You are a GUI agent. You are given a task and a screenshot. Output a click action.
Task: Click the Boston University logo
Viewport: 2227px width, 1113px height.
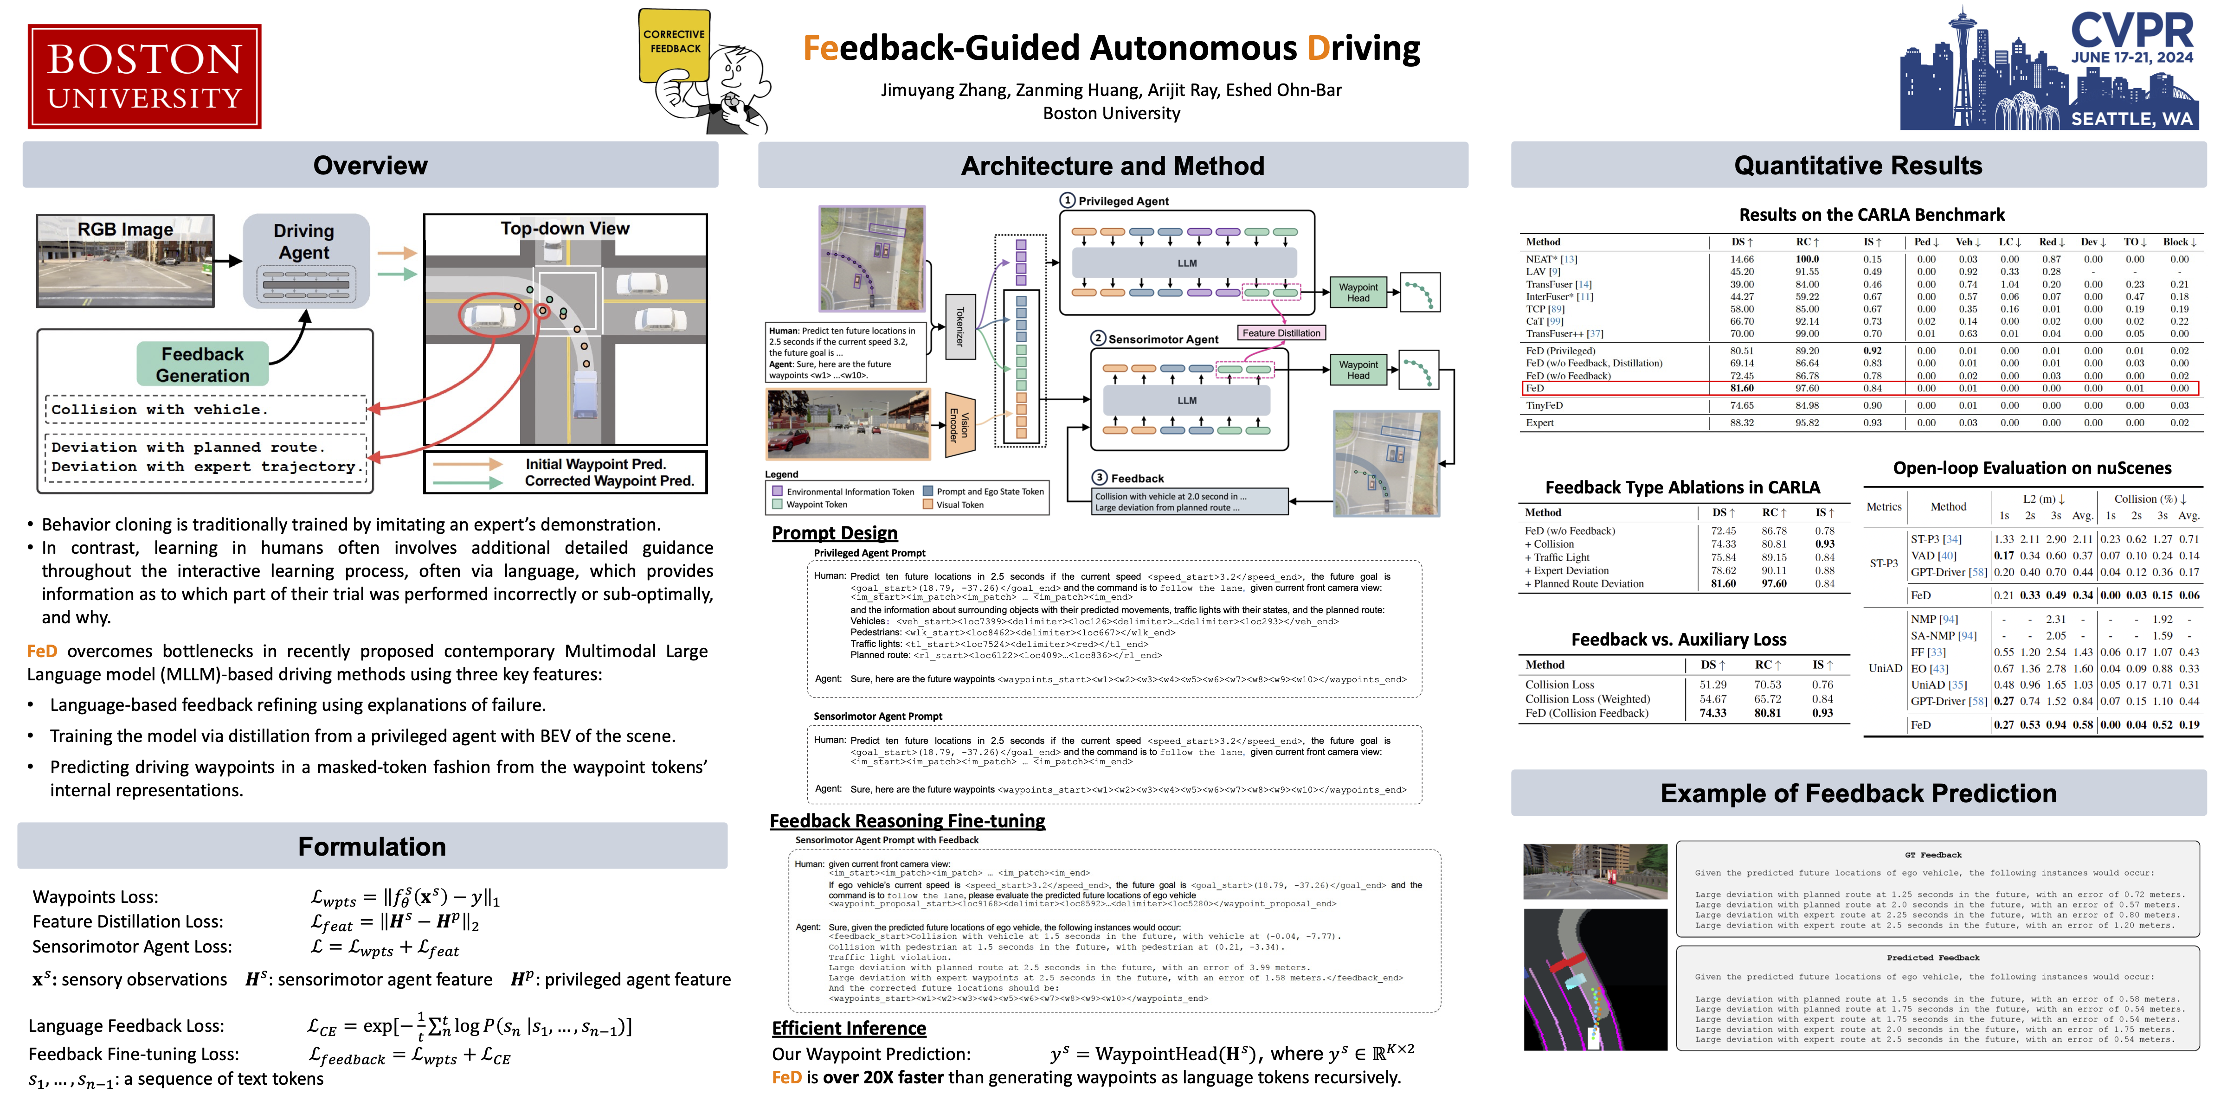[x=144, y=77]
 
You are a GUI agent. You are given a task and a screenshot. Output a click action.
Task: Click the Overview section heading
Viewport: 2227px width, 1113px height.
[x=370, y=165]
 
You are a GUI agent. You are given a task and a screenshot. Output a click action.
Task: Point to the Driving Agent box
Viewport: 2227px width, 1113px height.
[x=304, y=259]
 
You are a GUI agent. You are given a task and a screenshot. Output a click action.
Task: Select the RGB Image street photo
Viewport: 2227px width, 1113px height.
[x=125, y=261]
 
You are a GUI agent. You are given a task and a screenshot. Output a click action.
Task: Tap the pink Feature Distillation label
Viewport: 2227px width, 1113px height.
[x=1281, y=333]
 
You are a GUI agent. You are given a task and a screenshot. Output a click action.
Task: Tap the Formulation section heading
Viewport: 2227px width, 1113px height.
[x=372, y=846]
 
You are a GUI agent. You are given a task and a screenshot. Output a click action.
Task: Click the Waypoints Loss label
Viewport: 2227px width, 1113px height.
[x=95, y=897]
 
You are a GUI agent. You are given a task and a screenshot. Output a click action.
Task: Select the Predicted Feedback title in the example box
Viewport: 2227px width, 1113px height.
[x=1932, y=958]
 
